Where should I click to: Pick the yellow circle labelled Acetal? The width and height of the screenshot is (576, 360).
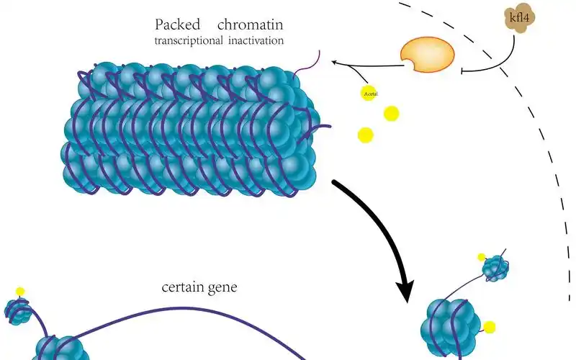369,93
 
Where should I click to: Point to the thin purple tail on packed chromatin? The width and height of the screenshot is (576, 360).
308,66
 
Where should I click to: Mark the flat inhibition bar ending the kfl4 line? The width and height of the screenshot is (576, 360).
462,71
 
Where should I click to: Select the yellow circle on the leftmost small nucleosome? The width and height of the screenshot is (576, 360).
20,292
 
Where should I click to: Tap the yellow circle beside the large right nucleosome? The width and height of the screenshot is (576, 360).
490,328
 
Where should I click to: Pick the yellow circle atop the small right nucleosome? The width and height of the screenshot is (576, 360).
482,257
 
